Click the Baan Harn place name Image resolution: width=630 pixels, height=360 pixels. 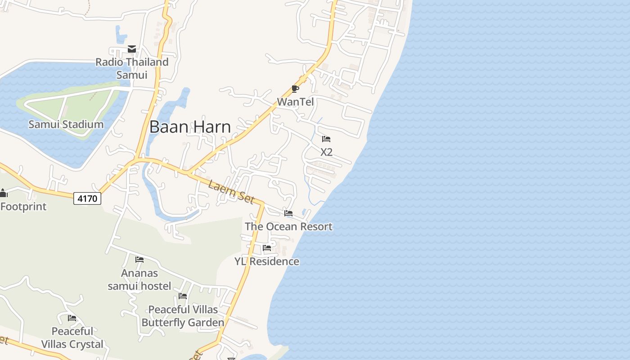[190, 127]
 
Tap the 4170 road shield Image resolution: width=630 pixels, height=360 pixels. [87, 198]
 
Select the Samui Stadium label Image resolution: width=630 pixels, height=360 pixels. [66, 124]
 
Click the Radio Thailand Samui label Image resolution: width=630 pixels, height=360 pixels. [132, 68]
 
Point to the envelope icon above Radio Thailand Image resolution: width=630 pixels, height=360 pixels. [132, 49]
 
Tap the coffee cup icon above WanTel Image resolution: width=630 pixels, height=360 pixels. [295, 89]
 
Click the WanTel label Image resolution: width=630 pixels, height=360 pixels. [295, 102]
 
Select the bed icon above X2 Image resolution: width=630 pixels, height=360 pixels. [326, 139]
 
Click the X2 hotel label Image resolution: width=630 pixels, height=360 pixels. [326, 152]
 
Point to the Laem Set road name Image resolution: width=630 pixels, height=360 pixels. [232, 192]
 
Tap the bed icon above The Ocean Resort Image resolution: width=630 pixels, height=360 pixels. [288, 213]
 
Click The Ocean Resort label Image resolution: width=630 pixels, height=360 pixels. [288, 226]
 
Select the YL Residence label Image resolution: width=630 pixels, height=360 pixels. [267, 261]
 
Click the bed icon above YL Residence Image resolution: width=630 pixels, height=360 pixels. [267, 248]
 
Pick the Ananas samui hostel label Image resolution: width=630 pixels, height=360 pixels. [139, 279]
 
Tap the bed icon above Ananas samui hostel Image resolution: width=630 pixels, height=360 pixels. [139, 260]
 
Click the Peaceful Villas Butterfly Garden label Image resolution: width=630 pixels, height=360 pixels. [183, 316]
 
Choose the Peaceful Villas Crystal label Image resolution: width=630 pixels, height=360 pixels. [72, 337]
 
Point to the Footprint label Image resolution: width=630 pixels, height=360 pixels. [23, 207]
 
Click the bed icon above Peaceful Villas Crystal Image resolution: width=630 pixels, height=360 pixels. [72, 318]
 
